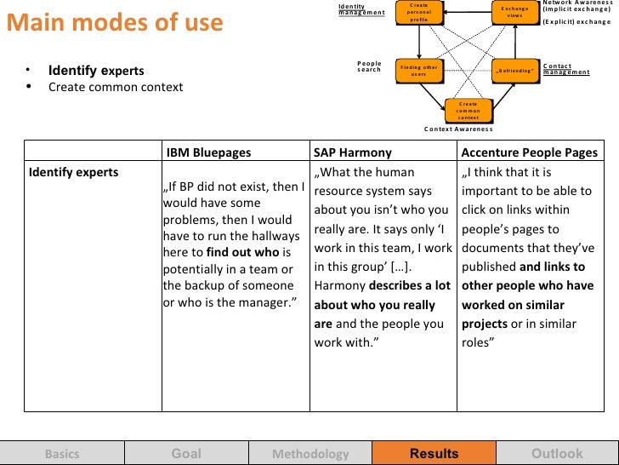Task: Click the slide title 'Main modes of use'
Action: click(x=115, y=23)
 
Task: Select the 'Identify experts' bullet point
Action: click(x=96, y=71)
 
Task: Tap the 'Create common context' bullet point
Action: click(x=115, y=87)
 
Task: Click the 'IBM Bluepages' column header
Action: click(x=209, y=153)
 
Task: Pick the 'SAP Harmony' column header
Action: click(x=353, y=153)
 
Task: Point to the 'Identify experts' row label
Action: click(x=74, y=173)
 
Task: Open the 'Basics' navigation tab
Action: click(x=62, y=454)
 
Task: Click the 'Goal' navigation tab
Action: click(x=186, y=454)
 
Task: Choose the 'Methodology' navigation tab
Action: click(x=310, y=454)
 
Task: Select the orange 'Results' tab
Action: click(x=434, y=454)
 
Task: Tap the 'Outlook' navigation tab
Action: click(x=557, y=454)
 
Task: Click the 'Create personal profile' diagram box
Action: click(x=418, y=12)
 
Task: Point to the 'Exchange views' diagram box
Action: click(x=515, y=12)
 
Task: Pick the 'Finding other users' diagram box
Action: click(x=418, y=71)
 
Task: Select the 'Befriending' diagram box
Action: click(x=515, y=71)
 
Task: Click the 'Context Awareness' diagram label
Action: click(x=458, y=129)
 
